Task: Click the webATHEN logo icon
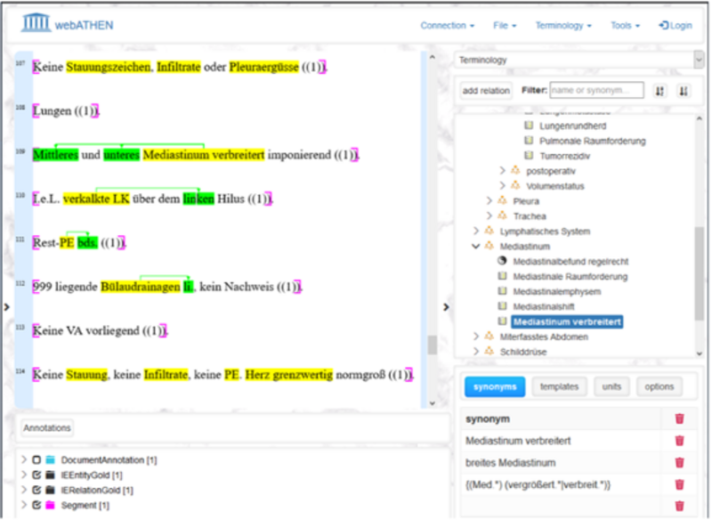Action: click(x=37, y=24)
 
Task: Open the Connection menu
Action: click(x=447, y=26)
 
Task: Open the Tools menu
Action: click(x=625, y=26)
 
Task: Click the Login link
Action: click(x=676, y=26)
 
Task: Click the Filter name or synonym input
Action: click(x=595, y=90)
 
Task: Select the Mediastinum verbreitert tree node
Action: click(x=567, y=321)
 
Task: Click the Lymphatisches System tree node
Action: click(x=545, y=232)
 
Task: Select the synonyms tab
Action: click(x=494, y=386)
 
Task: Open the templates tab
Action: click(x=557, y=386)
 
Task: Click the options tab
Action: click(x=659, y=386)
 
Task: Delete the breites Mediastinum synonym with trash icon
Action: click(x=679, y=462)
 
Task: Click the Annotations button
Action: click(x=47, y=428)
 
